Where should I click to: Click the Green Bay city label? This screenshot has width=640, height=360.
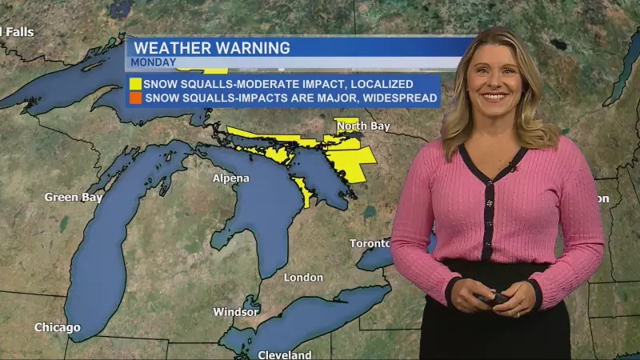tap(73, 197)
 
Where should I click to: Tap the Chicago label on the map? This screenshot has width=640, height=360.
tap(57, 327)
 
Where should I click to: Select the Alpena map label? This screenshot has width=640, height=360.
tap(230, 178)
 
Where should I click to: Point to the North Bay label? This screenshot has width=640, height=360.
tap(362, 126)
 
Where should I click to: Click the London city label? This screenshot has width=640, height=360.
tap(303, 278)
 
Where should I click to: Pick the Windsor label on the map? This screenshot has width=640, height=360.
tap(235, 312)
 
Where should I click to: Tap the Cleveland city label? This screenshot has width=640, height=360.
tap(285, 354)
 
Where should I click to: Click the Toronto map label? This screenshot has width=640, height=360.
tap(370, 243)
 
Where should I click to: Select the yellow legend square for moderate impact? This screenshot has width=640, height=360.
tap(135, 83)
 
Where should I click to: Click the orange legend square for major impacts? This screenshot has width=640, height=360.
tap(135, 98)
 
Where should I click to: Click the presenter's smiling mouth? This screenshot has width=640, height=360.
tap(493, 98)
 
